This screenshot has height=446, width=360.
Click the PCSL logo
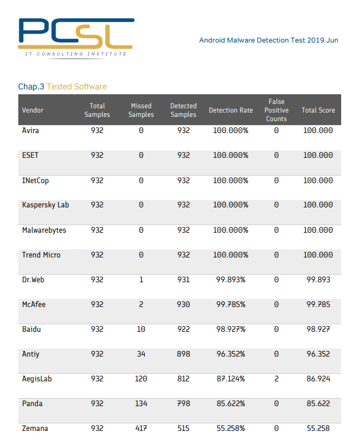pos(75,37)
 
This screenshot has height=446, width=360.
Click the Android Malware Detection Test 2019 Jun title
pos(269,40)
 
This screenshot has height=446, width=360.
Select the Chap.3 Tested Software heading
pos(62,87)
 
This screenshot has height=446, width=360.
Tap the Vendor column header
pos(33,110)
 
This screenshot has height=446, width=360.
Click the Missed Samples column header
pos(141,110)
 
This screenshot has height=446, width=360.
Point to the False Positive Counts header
pos(276,110)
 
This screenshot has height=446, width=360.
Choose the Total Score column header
pos(318,110)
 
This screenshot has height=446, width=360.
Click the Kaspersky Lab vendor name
pos(45,205)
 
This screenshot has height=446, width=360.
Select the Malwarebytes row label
pos(44,230)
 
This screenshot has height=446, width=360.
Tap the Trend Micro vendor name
pos(41,255)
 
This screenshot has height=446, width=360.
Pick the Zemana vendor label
pos(35,429)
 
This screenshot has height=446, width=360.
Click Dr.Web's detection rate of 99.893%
pos(230,280)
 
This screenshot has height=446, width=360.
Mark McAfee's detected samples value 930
pos(183,305)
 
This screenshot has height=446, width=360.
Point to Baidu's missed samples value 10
pos(141,330)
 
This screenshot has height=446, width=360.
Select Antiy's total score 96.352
pos(318,354)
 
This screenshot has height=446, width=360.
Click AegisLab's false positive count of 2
pos(276,379)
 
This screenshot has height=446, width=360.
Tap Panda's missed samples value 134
pos(141,404)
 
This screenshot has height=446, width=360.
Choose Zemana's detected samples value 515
pos(183,429)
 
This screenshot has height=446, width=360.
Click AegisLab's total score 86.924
pos(318,379)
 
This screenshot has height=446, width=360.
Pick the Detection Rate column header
pos(230,110)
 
